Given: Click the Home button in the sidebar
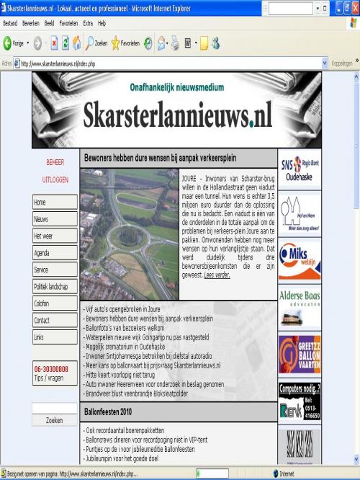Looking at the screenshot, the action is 55,203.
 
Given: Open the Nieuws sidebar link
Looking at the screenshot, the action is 55,219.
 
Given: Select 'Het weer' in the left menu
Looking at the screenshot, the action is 55,236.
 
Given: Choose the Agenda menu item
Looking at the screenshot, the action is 55,253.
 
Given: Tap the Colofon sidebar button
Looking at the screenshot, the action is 55,303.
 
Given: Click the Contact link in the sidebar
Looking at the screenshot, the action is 55,320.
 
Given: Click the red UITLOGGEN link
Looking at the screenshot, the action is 55,179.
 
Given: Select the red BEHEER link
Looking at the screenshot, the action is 55,162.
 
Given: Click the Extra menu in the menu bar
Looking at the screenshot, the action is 88,23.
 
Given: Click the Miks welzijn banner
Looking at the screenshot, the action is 300,260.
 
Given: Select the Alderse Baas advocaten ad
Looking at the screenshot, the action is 300,305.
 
